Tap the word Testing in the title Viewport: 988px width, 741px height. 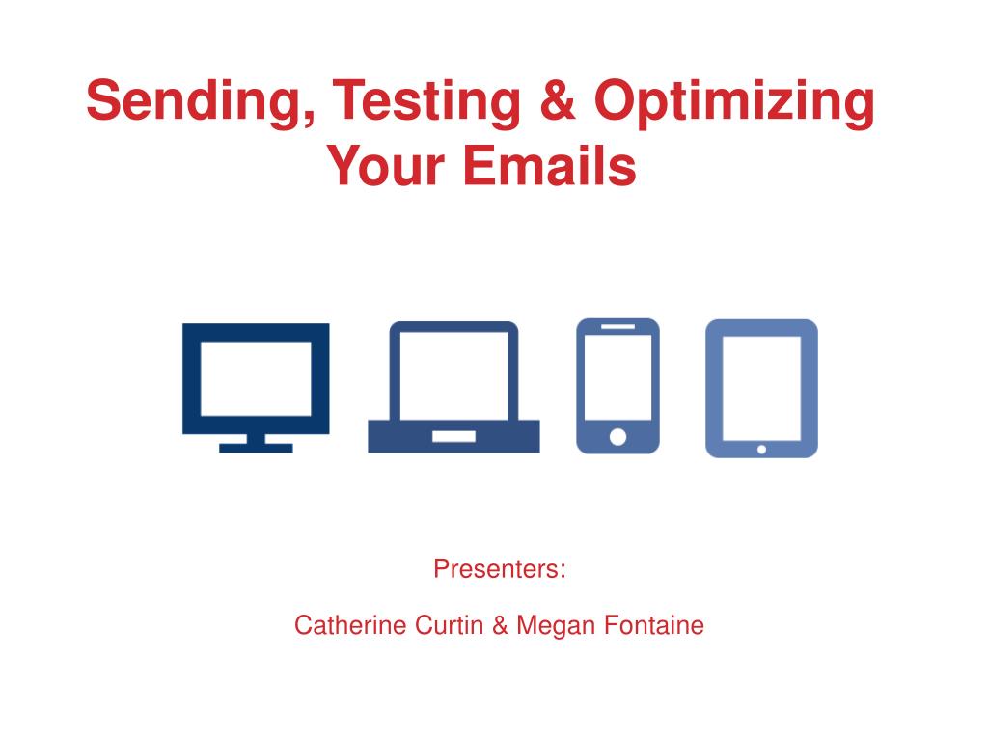pyautogui.click(x=426, y=100)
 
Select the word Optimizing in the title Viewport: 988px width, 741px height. pyautogui.click(x=734, y=100)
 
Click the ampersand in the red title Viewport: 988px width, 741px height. pyautogui.click(x=558, y=99)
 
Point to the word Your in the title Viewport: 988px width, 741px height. pyautogui.click(x=386, y=165)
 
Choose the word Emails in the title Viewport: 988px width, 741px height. pyautogui.click(x=550, y=165)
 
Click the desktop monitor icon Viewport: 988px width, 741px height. pyautogui.click(x=256, y=388)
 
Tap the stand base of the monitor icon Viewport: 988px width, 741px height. pyautogui.click(x=256, y=448)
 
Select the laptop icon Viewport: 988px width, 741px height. pyautogui.click(x=453, y=387)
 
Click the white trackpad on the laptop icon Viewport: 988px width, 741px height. pyautogui.click(x=453, y=437)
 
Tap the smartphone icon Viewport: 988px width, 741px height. pyautogui.click(x=618, y=386)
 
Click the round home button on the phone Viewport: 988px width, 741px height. pyautogui.click(x=618, y=437)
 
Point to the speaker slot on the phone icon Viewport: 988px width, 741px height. pyautogui.click(x=618, y=326)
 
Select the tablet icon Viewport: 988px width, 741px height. pyautogui.click(x=762, y=388)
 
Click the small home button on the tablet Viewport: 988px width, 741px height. pyautogui.click(x=762, y=450)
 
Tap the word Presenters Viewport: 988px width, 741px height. pyautogui.click(x=500, y=569)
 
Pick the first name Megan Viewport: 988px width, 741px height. pyautogui.click(x=556, y=626)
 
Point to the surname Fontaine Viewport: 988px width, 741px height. pyautogui.click(x=654, y=625)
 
